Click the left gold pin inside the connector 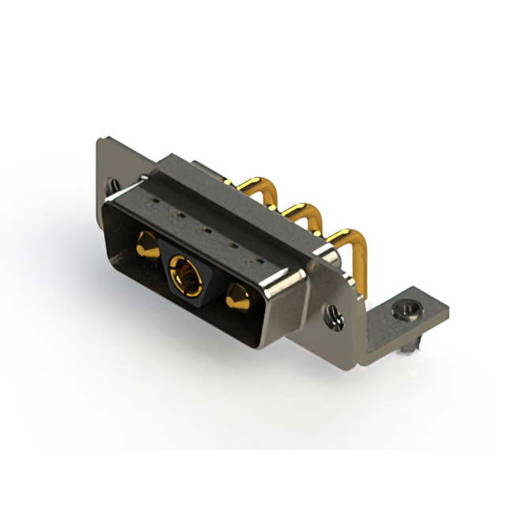pyautogui.click(x=146, y=244)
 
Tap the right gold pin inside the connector pyautogui.click(x=236, y=298)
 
